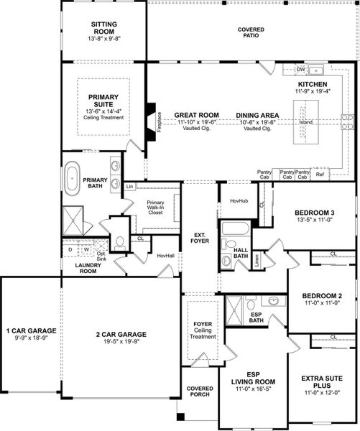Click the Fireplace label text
point(160,121)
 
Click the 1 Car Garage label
point(30,333)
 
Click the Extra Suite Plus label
point(321,380)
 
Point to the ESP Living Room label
point(253,380)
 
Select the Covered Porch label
point(199,391)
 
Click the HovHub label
point(238,201)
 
